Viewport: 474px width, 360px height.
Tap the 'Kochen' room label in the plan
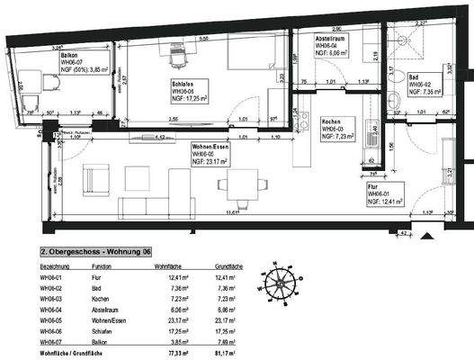point(331,120)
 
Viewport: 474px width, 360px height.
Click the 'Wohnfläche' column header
point(170,268)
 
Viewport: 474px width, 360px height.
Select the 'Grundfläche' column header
point(225,268)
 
